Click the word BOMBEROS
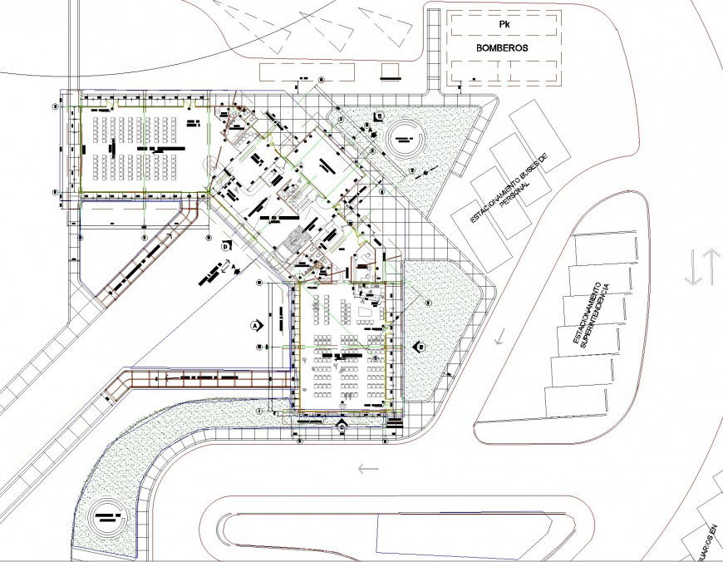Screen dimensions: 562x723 point(503,48)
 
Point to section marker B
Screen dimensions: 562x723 point(421,347)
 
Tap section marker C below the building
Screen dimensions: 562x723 point(343,426)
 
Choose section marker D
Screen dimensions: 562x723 point(225,246)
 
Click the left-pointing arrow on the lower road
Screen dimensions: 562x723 point(367,468)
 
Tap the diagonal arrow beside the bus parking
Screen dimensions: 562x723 point(500,337)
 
